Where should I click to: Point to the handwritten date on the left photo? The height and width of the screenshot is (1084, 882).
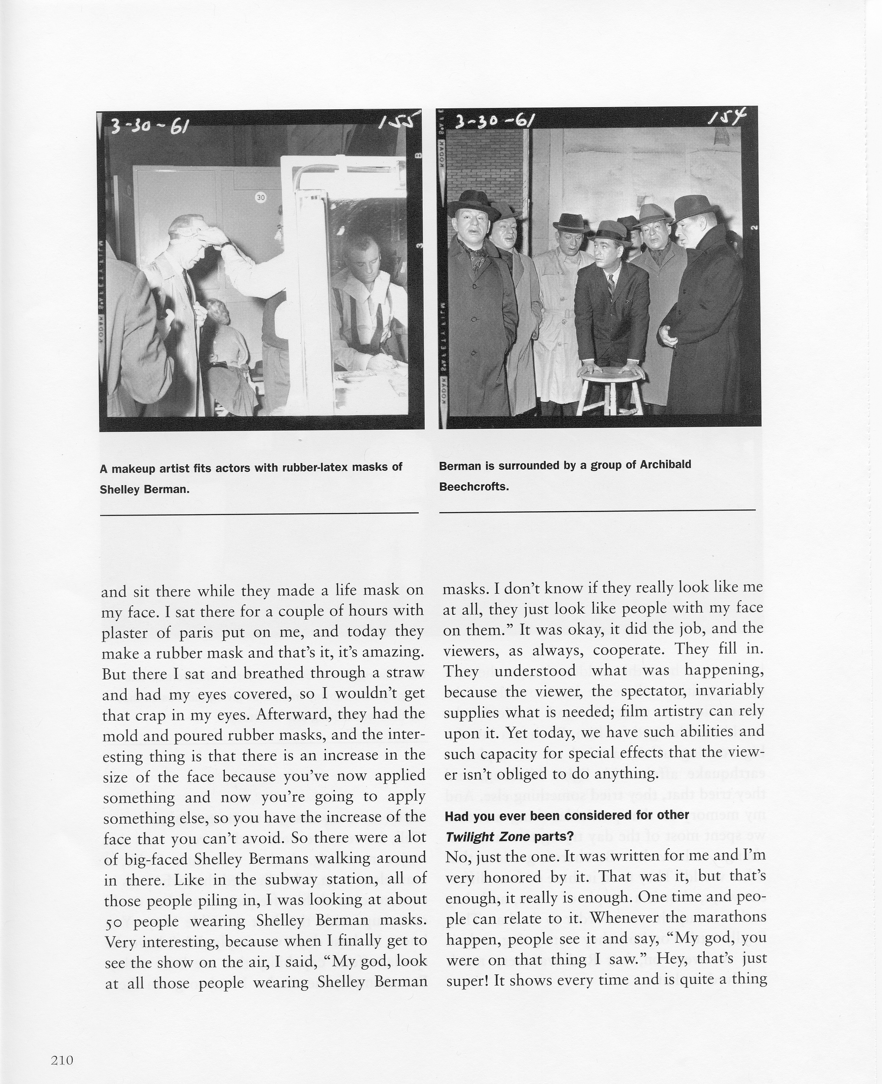point(148,124)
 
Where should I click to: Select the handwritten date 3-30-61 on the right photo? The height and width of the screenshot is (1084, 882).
point(494,121)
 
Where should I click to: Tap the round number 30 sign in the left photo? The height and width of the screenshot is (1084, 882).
point(260,197)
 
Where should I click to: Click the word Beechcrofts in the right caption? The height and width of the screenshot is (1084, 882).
point(474,487)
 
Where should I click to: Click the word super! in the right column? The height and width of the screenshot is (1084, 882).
point(467,980)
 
